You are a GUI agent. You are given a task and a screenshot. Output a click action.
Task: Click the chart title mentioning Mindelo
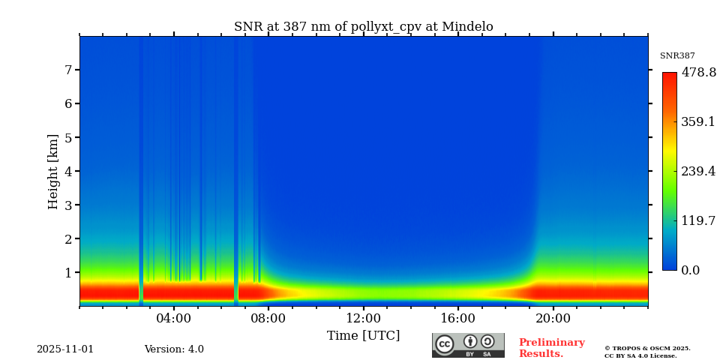pos(363,27)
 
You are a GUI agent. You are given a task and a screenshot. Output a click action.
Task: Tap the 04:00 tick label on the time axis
pos(173,318)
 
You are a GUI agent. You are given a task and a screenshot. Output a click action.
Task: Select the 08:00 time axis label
pos(268,318)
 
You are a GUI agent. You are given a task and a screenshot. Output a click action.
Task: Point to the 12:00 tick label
pos(363,318)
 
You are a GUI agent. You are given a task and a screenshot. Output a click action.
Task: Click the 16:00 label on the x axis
pos(457,318)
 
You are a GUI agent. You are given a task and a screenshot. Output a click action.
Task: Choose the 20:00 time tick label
pos(553,318)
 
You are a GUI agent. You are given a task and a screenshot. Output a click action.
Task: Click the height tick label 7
pos(67,70)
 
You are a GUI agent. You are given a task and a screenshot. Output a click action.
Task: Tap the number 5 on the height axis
pos(67,137)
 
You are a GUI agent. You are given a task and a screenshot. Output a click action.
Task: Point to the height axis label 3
pos(67,205)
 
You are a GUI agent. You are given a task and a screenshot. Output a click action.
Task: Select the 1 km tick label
pos(67,272)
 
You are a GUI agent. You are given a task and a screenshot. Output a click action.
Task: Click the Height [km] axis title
pos(53,171)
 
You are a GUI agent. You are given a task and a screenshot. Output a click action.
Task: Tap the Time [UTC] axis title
pos(363,335)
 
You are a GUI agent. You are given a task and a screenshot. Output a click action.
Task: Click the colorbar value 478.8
pos(698,73)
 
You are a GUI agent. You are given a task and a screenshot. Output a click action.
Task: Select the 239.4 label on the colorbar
pos(698,171)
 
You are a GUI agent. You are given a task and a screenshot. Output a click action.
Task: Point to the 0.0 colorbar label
pos(691,270)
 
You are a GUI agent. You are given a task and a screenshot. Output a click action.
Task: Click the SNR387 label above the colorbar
pos(677,56)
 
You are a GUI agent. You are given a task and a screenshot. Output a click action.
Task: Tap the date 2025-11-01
pos(65,349)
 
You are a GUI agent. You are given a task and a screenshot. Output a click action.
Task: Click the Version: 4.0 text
pos(174,349)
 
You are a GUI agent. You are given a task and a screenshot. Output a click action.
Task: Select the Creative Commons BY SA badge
pos(468,345)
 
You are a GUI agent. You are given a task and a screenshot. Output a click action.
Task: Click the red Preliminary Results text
pos(551,348)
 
